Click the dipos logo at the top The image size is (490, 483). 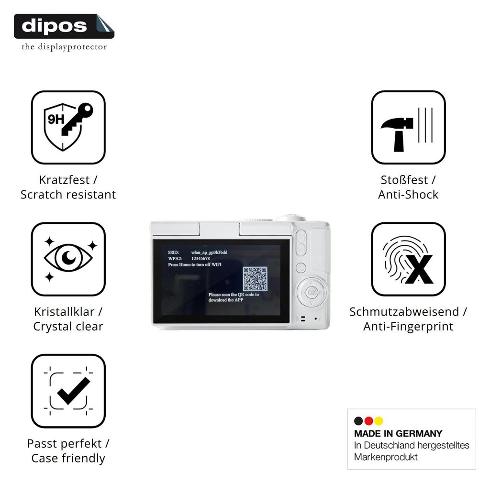click(64, 26)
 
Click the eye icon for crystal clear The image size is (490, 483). click(68, 259)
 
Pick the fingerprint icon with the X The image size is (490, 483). click(408, 259)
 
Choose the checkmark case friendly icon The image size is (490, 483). click(68, 391)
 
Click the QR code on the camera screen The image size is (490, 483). click(255, 278)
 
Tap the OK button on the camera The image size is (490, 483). click(312, 293)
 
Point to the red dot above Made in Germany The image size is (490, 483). click(369, 421)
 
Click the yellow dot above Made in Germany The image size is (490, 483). click(379, 421)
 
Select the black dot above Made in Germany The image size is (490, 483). click(358, 421)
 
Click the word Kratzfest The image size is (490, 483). click(64, 180)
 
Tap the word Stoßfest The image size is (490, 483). click(404, 180)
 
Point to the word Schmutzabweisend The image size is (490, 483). click(404, 312)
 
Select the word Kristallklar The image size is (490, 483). click(64, 312)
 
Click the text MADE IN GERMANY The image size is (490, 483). click(398, 433)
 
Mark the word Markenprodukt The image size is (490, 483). click(386, 457)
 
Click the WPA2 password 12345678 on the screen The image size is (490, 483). click(200, 259)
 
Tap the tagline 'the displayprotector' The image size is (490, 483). click(64, 47)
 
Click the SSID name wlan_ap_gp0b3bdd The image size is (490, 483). click(209, 252)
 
